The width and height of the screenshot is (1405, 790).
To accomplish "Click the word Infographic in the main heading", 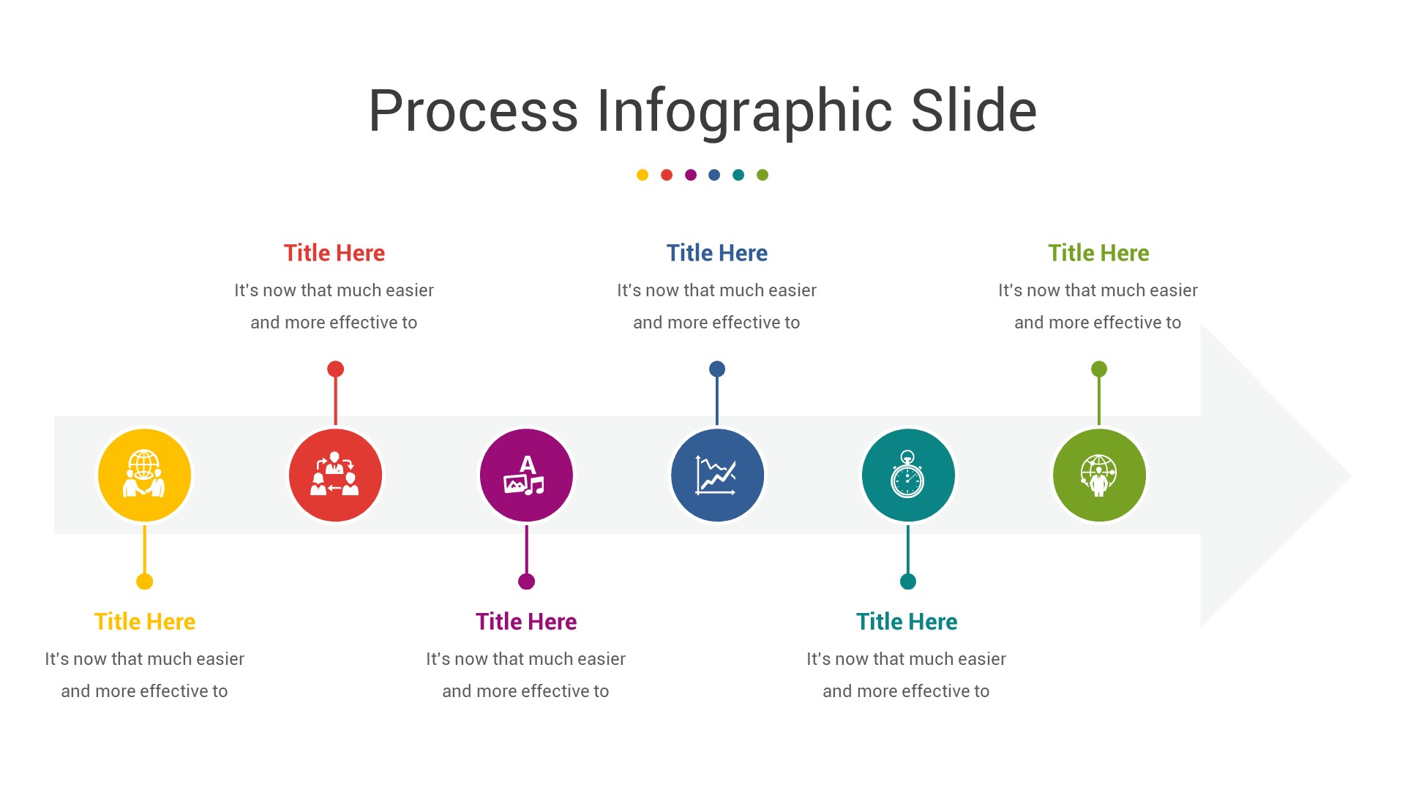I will pyautogui.click(x=744, y=111).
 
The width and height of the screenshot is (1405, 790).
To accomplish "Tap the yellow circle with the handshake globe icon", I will pyautogui.click(x=145, y=475).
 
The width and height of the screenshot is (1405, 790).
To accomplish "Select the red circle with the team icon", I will pyautogui.click(x=335, y=475).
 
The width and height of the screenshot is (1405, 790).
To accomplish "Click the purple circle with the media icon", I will pyautogui.click(x=526, y=475).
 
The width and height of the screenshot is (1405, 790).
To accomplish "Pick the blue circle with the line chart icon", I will pyautogui.click(x=717, y=475).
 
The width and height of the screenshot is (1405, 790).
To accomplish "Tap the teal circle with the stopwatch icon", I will pyautogui.click(x=908, y=475).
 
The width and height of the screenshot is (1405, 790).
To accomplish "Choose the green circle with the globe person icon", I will pyautogui.click(x=1098, y=475).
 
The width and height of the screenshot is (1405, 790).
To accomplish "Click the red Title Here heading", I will pyautogui.click(x=334, y=253).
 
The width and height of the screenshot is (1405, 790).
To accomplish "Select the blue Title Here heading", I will pyautogui.click(x=716, y=253).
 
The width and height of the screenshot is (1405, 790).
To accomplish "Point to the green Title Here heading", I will pyautogui.click(x=1098, y=253).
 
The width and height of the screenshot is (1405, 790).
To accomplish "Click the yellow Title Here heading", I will pyautogui.click(x=145, y=622).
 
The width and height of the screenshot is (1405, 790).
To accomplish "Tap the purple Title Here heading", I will pyautogui.click(x=526, y=622).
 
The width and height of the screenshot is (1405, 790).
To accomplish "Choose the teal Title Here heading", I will pyautogui.click(x=907, y=622).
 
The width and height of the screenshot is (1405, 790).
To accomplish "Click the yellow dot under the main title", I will pyautogui.click(x=642, y=175).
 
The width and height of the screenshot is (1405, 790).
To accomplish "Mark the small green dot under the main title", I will pyautogui.click(x=763, y=175).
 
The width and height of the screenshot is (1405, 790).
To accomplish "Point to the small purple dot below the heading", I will pyautogui.click(x=691, y=175).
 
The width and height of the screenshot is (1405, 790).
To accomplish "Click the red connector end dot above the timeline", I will pyautogui.click(x=335, y=369).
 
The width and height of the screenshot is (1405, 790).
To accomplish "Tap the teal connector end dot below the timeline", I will pyautogui.click(x=908, y=582).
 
